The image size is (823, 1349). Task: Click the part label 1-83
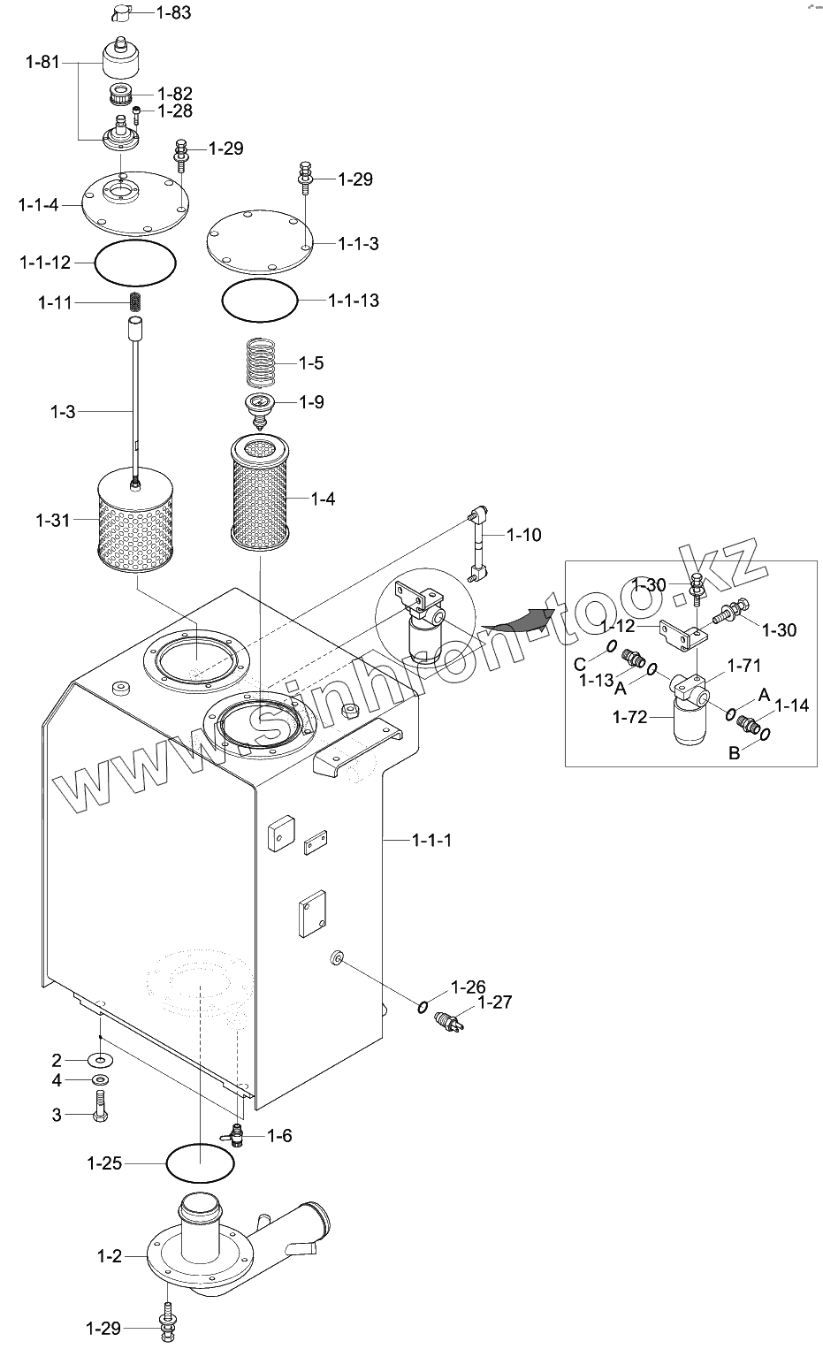[173, 12]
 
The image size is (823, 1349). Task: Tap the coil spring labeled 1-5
[261, 363]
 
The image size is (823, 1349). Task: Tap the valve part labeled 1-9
[259, 409]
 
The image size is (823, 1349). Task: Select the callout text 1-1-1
[431, 840]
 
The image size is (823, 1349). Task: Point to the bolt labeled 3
[100, 1107]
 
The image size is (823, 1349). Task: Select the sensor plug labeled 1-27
[448, 1021]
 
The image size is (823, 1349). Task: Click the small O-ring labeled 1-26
[423, 1006]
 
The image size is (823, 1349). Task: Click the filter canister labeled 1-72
[690, 720]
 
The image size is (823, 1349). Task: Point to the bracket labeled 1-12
[684, 636]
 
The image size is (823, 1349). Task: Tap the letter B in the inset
[735, 753]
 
